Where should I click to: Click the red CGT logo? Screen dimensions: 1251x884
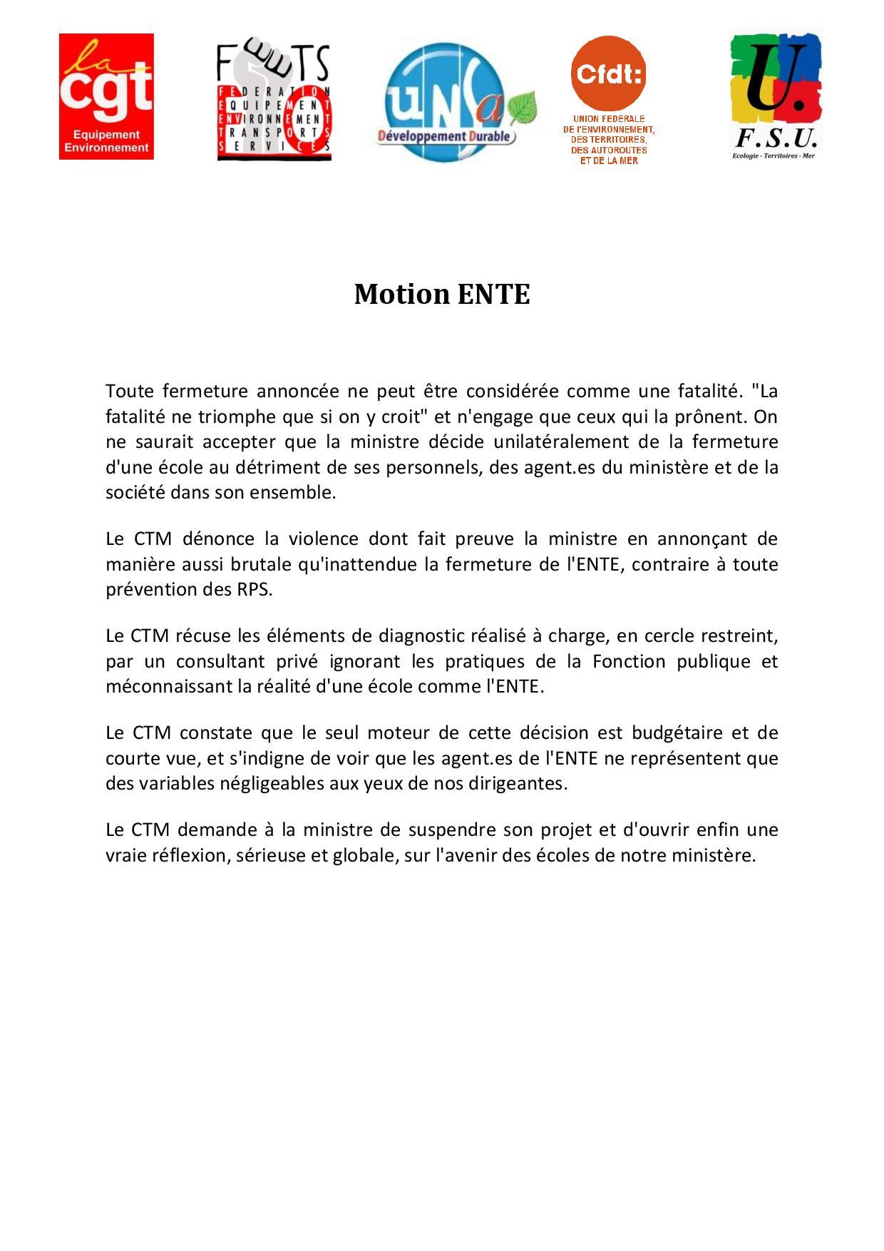pyautogui.click(x=106, y=96)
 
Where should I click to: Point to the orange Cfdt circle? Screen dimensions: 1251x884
pyautogui.click(x=608, y=73)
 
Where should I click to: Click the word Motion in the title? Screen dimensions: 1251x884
pyautogui.click(x=401, y=294)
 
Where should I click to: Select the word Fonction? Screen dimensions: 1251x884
pyautogui.click(x=620, y=661)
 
